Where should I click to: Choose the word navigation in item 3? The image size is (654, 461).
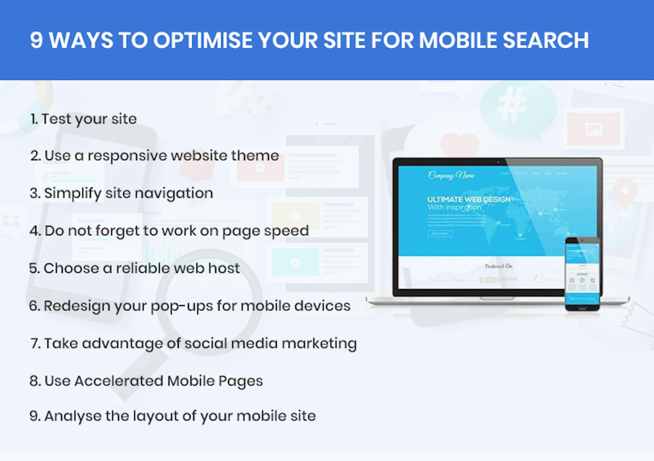tap(174, 194)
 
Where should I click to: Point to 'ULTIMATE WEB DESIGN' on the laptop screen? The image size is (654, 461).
tap(469, 199)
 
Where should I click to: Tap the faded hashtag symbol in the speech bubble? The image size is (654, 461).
tap(512, 104)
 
